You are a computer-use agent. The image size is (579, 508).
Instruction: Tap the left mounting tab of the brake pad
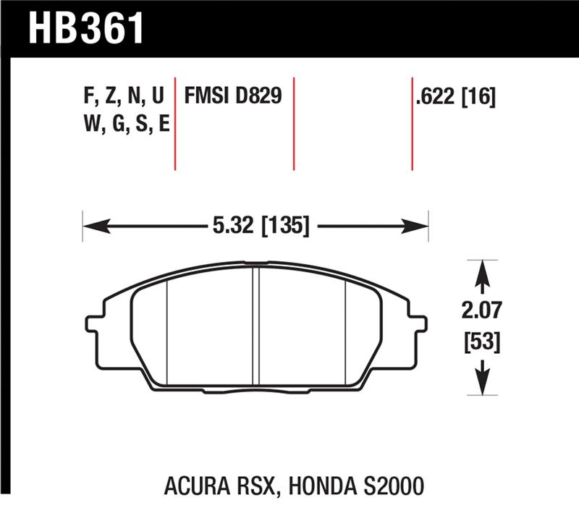93,325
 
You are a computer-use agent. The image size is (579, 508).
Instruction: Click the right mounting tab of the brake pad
418,325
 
